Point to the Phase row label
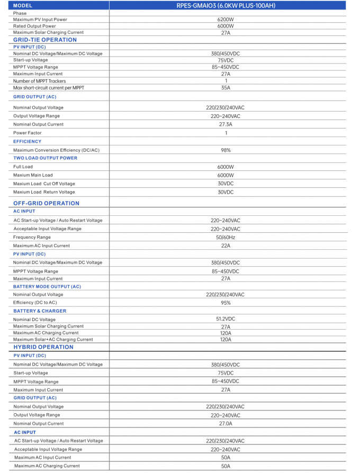click(x=20, y=13)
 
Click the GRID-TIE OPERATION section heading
click(x=45, y=40)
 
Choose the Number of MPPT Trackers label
click(x=40, y=81)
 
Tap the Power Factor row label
click(x=28, y=133)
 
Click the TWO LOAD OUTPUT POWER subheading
click(x=45, y=158)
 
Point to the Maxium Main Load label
click(x=33, y=175)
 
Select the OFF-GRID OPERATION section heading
click(x=47, y=203)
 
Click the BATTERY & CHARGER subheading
click(x=40, y=311)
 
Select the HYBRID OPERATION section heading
click(x=43, y=347)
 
